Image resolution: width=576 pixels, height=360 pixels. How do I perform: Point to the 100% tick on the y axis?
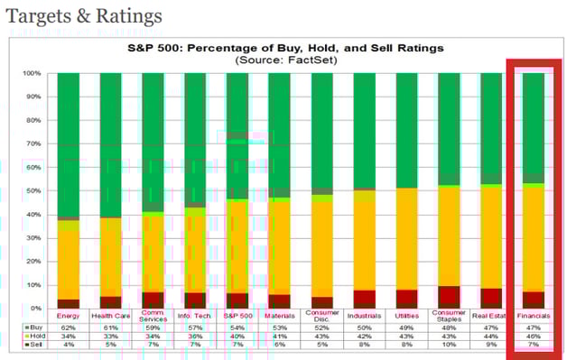pyautogui.click(x=32, y=73)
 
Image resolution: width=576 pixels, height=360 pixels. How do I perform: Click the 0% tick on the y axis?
pyautogui.click(x=35, y=309)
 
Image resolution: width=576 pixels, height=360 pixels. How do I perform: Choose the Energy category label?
pyautogui.click(x=69, y=317)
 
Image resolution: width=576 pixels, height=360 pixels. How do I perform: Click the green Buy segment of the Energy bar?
pyautogui.click(x=69, y=144)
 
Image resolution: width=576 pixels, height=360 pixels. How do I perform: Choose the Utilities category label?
pyautogui.click(x=407, y=317)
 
